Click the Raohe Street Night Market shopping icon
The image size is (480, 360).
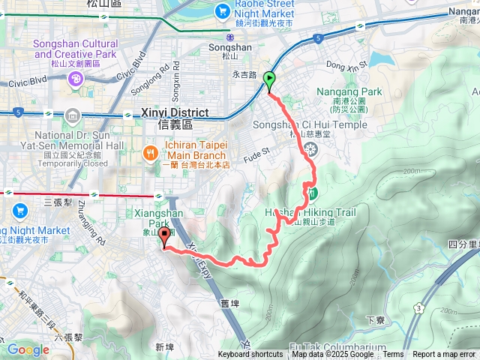click(x=222, y=11)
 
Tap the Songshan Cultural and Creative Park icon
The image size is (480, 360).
click(x=75, y=79)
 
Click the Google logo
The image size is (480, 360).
click(x=28, y=349)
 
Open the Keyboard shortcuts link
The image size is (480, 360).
click(x=250, y=355)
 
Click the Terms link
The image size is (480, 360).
click(x=393, y=355)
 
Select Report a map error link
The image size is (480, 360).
click(x=445, y=355)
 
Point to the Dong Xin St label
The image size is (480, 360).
click(x=346, y=64)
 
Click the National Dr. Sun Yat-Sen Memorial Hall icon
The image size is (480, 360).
click(x=71, y=115)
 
